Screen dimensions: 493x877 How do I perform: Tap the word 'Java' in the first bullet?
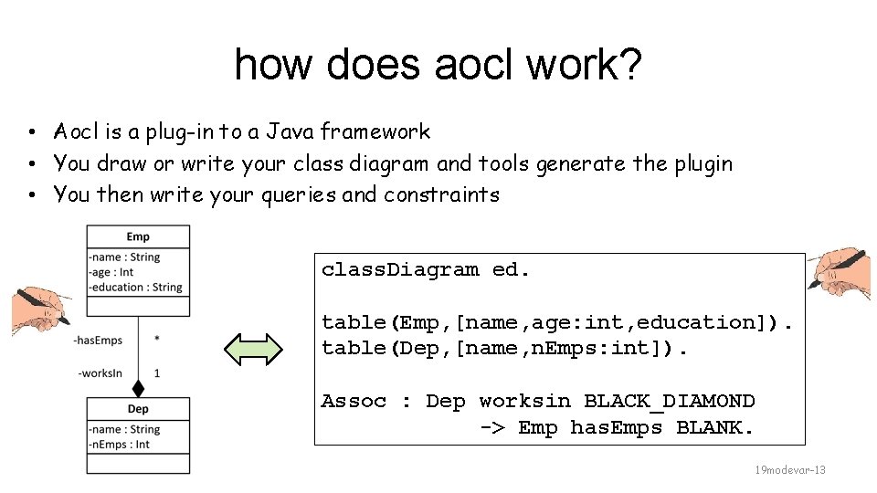[x=288, y=132]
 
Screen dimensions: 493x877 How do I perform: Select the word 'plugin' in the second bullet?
[x=703, y=164]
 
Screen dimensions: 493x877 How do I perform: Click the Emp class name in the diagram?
[x=138, y=237]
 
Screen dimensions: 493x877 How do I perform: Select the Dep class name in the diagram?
[x=138, y=409]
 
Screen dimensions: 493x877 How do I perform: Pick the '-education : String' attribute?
[x=136, y=287]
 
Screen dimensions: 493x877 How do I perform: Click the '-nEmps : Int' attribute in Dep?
[x=121, y=445]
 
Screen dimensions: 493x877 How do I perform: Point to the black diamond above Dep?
[x=138, y=386]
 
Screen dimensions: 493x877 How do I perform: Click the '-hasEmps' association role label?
[x=100, y=341]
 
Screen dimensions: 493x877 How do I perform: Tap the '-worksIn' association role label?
[x=101, y=373]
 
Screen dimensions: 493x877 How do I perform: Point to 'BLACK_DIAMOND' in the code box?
[x=669, y=402]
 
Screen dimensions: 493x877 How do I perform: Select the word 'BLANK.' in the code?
[x=715, y=427]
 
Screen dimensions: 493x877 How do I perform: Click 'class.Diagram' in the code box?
[x=400, y=270]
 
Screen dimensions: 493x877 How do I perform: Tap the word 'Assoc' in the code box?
[x=354, y=402]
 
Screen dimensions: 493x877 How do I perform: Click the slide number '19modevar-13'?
[x=789, y=470]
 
